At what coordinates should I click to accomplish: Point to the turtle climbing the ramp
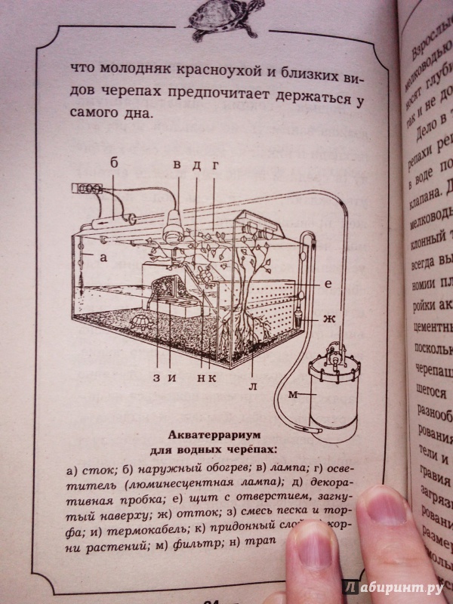pyautogui.click(x=203, y=280)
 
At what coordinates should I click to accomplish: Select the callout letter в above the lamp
pyautogui.click(x=178, y=164)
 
